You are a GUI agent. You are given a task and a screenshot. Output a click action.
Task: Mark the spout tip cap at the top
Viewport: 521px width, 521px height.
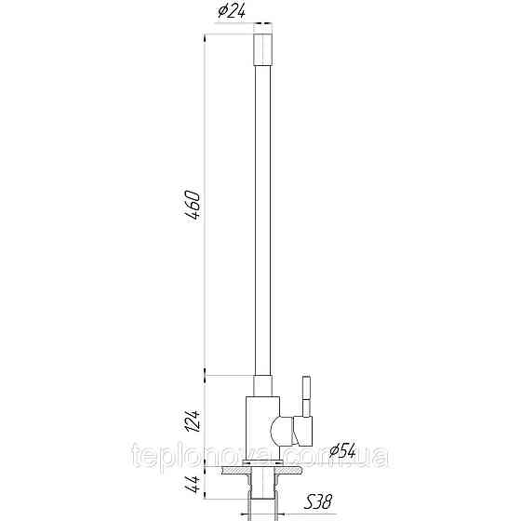click(x=262, y=45)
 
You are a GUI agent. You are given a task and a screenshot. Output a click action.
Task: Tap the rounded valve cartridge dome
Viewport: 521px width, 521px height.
click(x=278, y=431)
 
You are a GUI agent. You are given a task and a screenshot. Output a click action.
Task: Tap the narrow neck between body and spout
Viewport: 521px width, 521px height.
click(x=262, y=385)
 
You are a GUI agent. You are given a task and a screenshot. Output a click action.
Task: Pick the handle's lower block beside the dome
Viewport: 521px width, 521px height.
click(x=301, y=431)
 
